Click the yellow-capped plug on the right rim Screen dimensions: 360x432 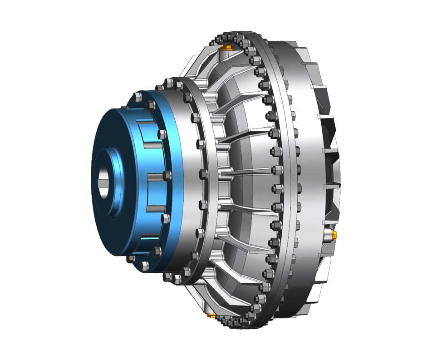[x=334, y=234]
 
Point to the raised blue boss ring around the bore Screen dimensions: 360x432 [x=113, y=182]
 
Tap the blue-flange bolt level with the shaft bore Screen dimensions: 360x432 [x=167, y=175]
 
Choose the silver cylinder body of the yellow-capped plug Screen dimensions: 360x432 [x=328, y=235]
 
